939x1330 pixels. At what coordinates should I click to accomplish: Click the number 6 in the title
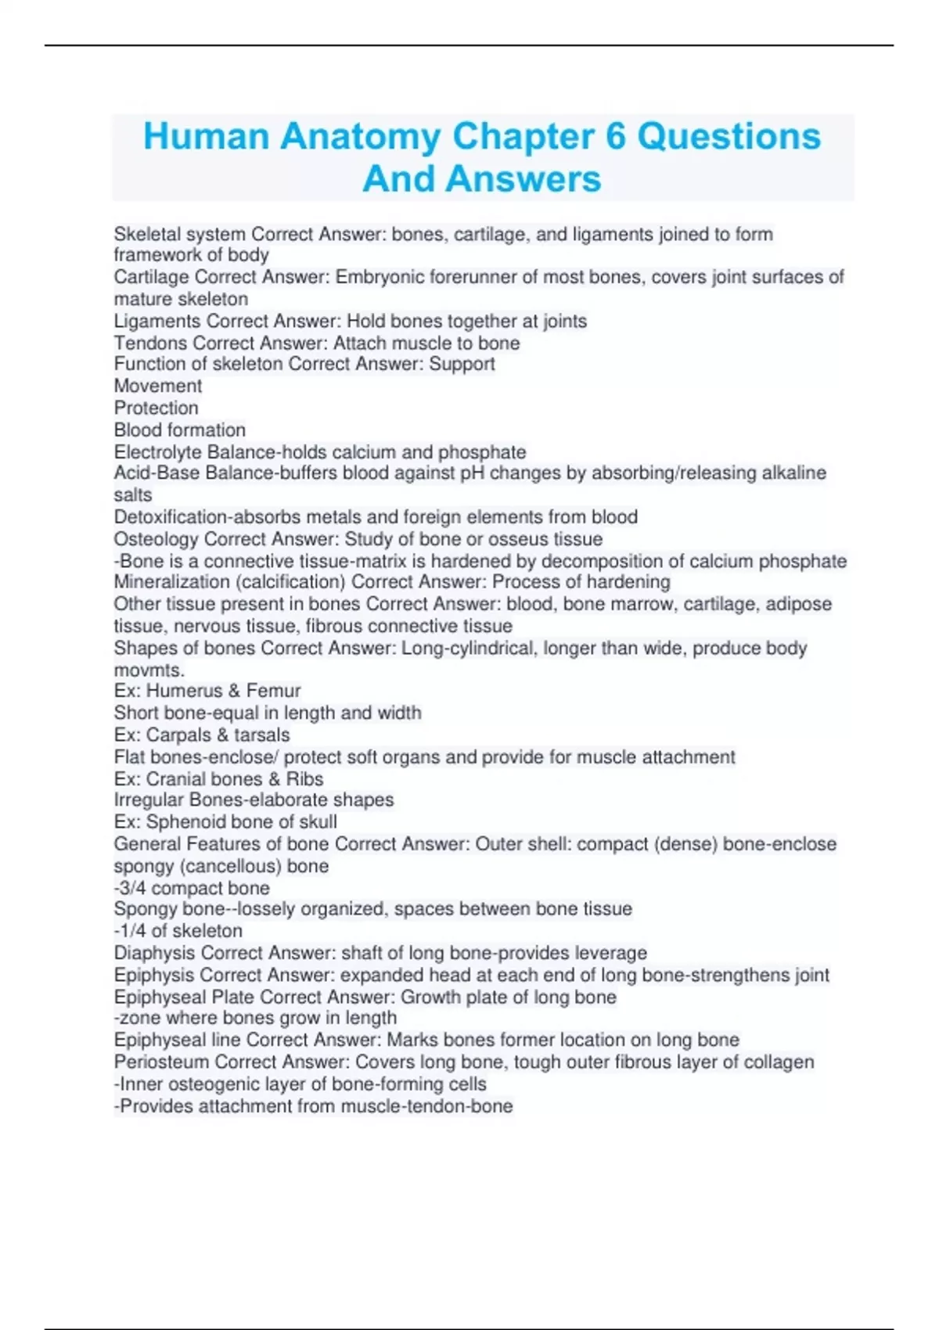click(616, 136)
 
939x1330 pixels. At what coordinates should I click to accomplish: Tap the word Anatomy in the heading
click(361, 136)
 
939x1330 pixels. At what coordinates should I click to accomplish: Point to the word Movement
click(158, 386)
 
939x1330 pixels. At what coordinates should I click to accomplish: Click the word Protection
click(156, 408)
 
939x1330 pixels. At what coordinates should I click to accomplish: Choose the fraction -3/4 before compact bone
click(130, 888)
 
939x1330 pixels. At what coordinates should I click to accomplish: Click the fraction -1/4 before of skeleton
click(130, 931)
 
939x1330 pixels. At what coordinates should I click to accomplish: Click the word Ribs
click(304, 779)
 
